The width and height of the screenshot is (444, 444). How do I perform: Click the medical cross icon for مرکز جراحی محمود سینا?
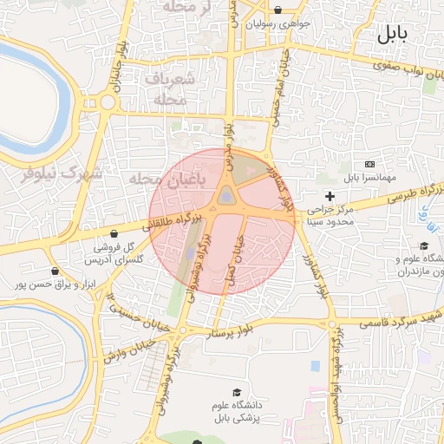click(x=330, y=197)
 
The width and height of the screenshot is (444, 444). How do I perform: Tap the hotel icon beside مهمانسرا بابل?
click(x=370, y=164)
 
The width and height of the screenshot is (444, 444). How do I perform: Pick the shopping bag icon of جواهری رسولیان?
click(x=277, y=11)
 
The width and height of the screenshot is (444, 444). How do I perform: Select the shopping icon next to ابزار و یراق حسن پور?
click(x=55, y=271)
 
